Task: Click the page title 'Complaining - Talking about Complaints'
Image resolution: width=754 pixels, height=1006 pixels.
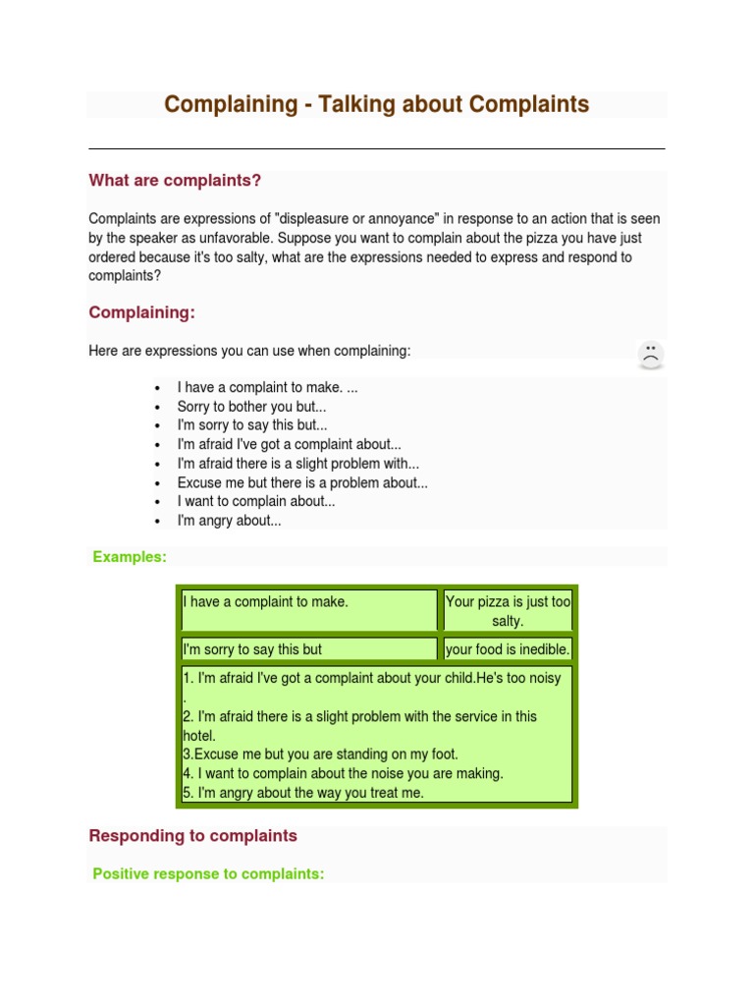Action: [376, 104]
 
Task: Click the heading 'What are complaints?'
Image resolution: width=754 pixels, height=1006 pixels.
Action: [175, 181]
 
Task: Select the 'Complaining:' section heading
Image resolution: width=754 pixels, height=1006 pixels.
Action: [141, 312]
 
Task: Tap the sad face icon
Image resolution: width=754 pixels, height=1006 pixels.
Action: [650, 355]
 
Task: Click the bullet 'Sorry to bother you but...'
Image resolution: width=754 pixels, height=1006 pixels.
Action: [251, 407]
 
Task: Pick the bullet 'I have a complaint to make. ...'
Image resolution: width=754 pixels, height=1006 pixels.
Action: [267, 388]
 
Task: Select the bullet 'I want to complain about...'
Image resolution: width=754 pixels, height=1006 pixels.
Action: [256, 501]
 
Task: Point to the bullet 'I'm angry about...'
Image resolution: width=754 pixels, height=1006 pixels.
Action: [229, 521]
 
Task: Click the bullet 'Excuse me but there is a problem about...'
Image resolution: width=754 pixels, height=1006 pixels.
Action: [302, 482]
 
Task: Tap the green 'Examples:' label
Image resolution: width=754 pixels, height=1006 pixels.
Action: [130, 557]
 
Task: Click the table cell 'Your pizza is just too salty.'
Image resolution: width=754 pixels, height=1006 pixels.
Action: [508, 611]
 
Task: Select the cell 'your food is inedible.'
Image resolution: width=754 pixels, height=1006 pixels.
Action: [508, 649]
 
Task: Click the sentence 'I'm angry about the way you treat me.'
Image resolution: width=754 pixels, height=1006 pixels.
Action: [303, 793]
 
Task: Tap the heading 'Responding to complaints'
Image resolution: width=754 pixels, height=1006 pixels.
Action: [192, 836]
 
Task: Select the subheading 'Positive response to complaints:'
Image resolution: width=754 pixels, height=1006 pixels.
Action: [208, 873]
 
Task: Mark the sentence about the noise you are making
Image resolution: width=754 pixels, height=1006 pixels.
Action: [343, 773]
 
